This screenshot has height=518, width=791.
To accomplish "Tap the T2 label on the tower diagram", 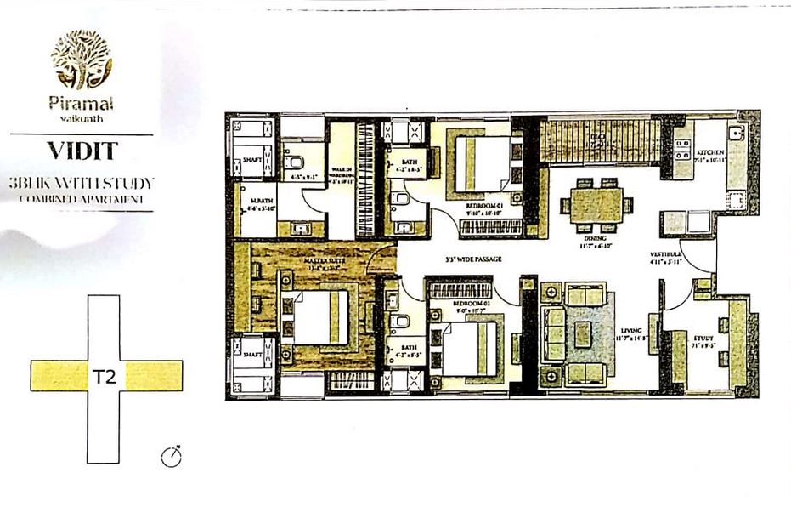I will click(105, 374).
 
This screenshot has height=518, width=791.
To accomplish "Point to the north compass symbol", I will click(172, 458).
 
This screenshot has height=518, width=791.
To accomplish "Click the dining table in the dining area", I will click(596, 204).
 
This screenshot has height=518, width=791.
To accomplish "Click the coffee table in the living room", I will click(582, 334).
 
